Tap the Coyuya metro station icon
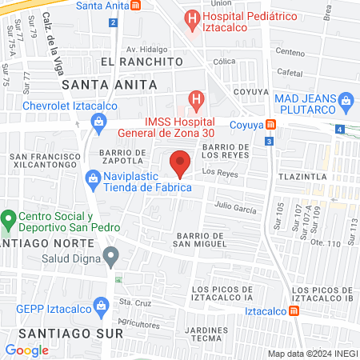[x=271, y=125]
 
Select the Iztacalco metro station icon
[x=294, y=310]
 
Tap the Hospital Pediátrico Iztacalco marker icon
[x=192, y=17]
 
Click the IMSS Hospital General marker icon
[x=194, y=101]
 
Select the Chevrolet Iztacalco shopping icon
[x=98, y=122]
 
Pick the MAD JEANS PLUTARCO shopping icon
[x=346, y=100]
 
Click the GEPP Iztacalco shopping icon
[x=100, y=305]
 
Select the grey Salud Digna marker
[x=112, y=256]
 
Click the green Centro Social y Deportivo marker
[x=9, y=218]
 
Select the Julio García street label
[x=235, y=208]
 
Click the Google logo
[x=26, y=350]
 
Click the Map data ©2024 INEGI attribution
[x=312, y=353]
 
